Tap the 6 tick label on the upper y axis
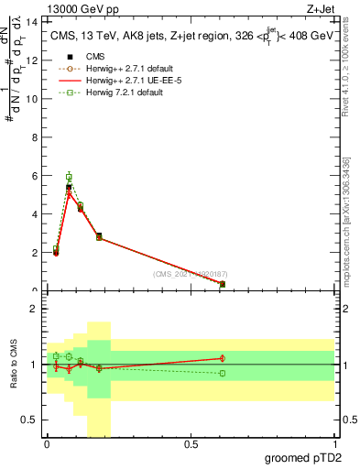[38, 176]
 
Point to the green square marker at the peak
[69, 177]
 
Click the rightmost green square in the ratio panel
[223, 373]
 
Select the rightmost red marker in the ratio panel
[223, 358]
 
